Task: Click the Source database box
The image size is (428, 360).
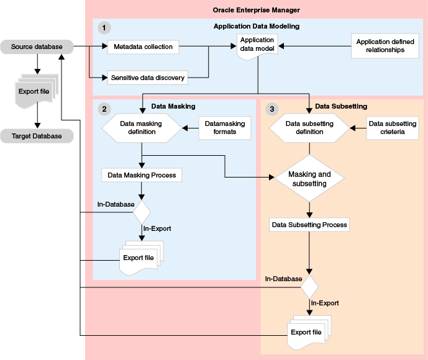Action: [37, 47]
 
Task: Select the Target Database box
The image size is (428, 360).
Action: [37, 136]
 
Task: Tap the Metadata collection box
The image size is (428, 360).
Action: [143, 47]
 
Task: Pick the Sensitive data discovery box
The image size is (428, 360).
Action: [148, 78]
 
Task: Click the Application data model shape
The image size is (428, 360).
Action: [257, 47]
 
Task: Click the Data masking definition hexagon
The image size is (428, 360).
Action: [141, 127]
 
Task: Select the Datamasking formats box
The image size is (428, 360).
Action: [225, 127]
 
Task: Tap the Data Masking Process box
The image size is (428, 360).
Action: [142, 175]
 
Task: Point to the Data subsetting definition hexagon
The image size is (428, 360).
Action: [309, 127]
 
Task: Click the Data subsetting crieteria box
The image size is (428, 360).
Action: [393, 127]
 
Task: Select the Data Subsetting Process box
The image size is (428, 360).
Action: [309, 224]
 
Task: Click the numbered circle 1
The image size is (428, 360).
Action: [104, 27]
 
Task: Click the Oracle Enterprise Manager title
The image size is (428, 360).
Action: [257, 11]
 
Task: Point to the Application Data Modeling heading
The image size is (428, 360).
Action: [257, 27]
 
